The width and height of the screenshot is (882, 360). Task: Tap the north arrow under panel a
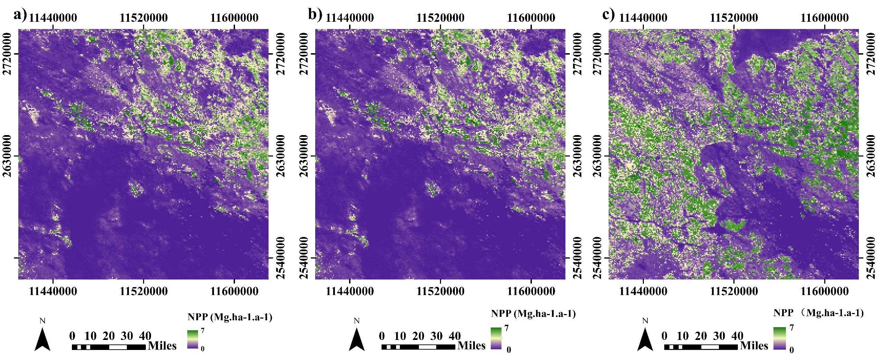tap(43, 340)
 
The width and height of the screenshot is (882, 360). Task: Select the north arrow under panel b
tap(357, 340)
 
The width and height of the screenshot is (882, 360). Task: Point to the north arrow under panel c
tap(645, 340)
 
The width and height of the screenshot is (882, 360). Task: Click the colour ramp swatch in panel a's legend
tap(193, 339)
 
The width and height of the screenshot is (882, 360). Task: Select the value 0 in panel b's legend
tap(509, 350)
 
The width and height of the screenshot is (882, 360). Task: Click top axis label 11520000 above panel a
tap(144, 17)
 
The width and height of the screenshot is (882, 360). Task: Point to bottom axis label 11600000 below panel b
tap(531, 291)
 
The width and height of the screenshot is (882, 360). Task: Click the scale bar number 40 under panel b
tap(455, 336)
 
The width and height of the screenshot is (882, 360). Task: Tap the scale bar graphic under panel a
tap(109, 347)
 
